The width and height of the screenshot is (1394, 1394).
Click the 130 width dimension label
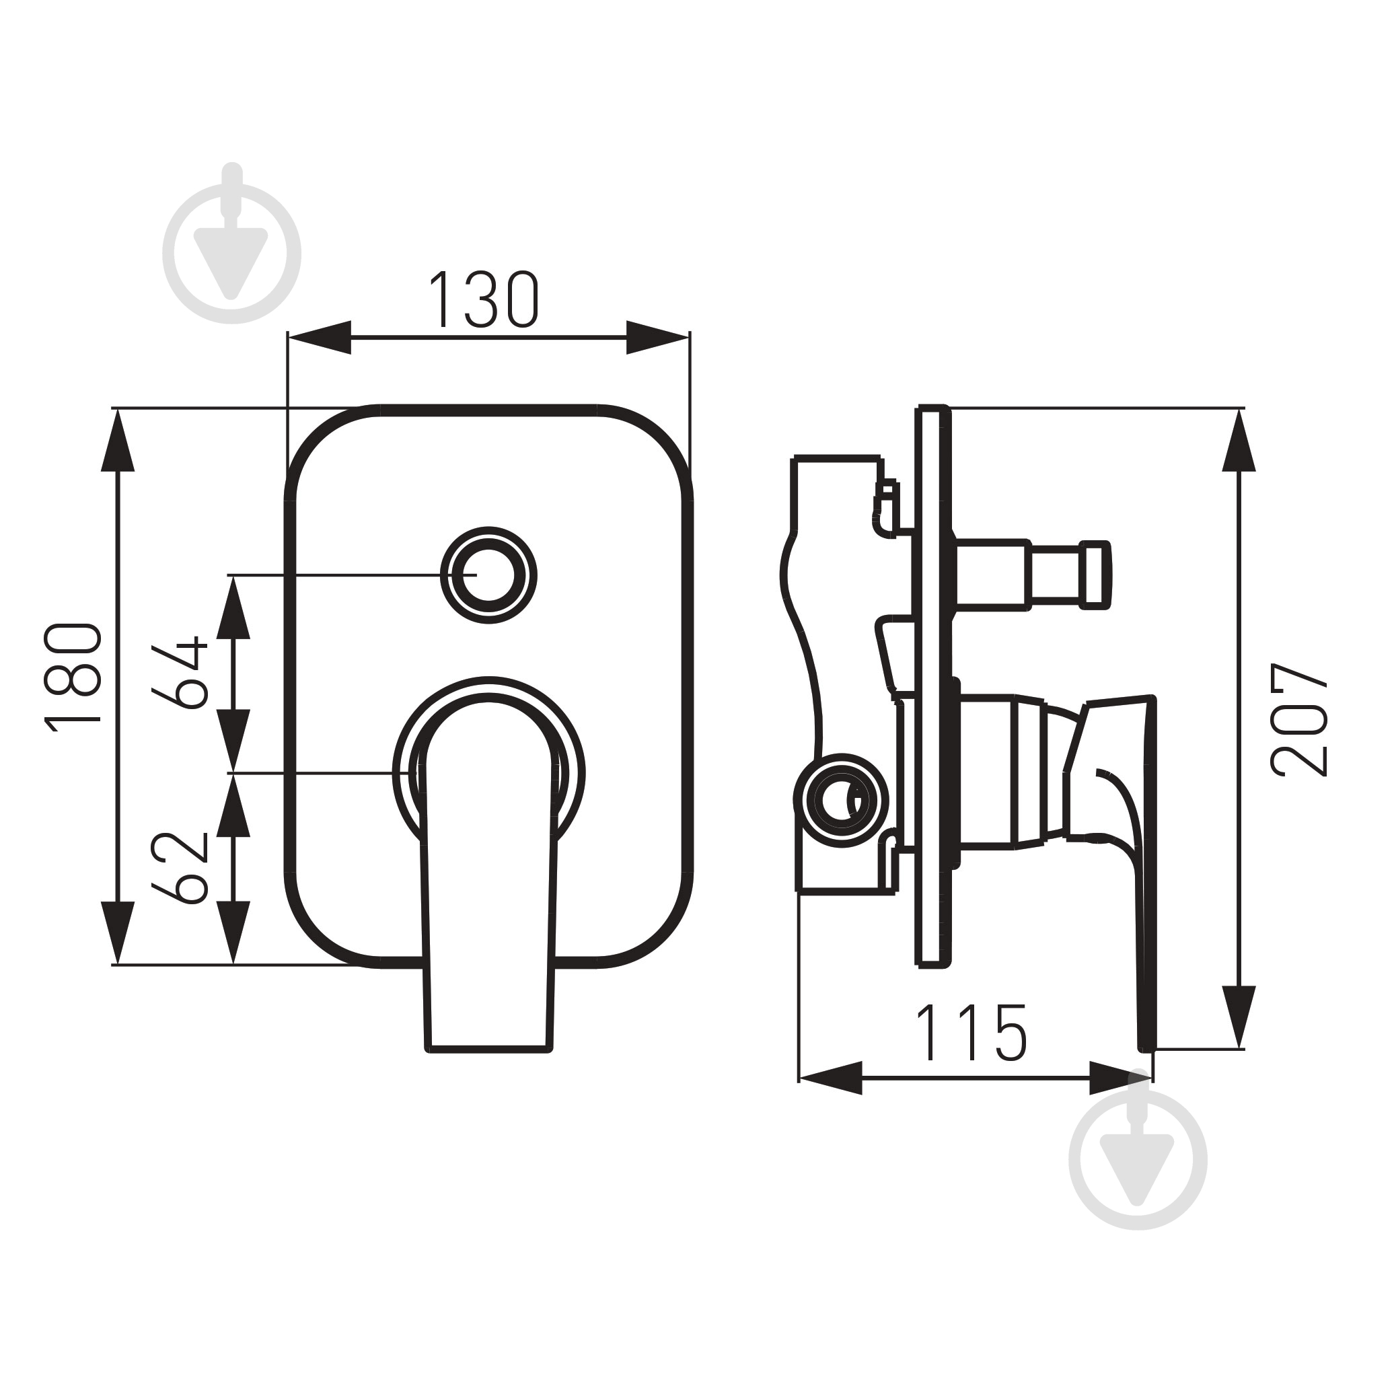point(484,299)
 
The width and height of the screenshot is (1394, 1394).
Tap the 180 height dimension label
point(73,677)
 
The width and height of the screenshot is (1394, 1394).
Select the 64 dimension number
point(180,673)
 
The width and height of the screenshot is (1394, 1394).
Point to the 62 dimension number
point(180,868)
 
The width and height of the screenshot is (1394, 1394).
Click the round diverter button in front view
point(488,575)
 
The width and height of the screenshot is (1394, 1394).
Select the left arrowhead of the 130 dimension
point(320,337)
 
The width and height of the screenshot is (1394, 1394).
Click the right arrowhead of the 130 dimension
point(657,337)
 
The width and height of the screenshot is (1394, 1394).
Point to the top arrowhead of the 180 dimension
point(118,439)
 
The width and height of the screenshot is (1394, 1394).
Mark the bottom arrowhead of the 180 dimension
point(118,932)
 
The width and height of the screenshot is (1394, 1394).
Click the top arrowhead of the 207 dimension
point(1239,439)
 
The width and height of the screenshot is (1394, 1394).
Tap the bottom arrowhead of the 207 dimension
point(1239,1017)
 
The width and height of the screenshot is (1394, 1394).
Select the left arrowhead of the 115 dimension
point(830,1078)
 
